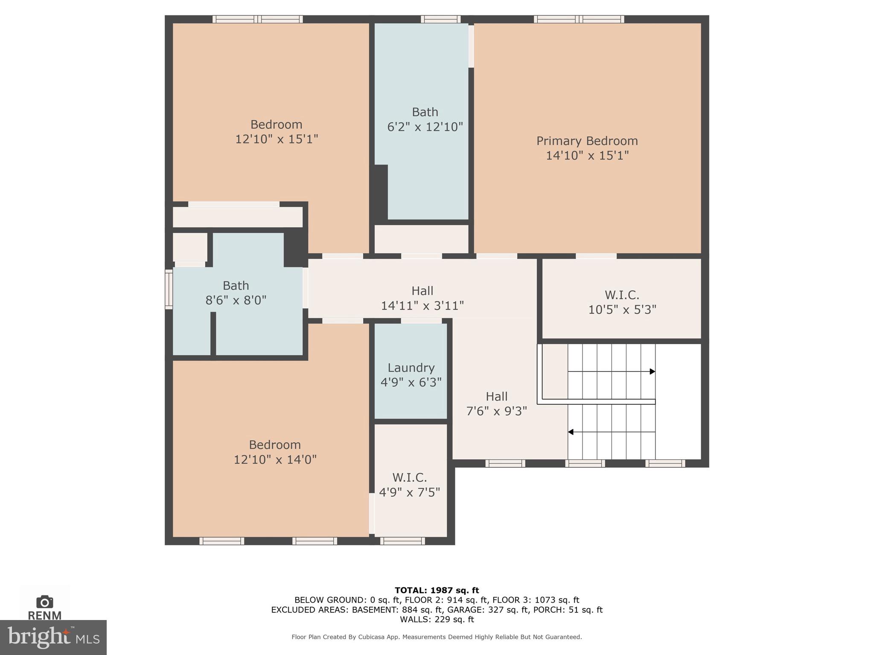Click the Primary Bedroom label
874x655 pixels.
pos(587,141)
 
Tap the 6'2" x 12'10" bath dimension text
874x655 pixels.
pos(425,127)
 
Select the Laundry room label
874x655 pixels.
pos(411,368)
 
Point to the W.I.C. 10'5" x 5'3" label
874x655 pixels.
pos(622,302)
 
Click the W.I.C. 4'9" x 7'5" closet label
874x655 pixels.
pos(409,485)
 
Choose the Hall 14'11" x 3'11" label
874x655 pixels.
pos(422,298)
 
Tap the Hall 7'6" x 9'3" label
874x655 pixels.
pos(496,403)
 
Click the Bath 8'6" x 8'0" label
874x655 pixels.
pos(236,293)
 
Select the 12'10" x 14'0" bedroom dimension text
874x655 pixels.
pos(275,460)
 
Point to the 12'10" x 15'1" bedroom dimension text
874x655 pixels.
pos(277,139)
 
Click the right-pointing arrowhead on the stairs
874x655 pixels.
pos(652,371)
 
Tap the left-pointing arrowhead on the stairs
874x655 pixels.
pos(571,432)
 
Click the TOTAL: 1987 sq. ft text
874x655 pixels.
pos(437,590)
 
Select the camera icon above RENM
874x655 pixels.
pos(44,602)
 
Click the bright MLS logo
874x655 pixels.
pos(53,637)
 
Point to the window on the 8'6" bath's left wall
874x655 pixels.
pos(169,289)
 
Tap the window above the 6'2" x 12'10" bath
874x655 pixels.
pos(440,19)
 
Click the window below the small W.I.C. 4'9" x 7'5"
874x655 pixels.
pos(402,541)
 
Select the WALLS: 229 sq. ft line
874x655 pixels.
pos(437,619)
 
